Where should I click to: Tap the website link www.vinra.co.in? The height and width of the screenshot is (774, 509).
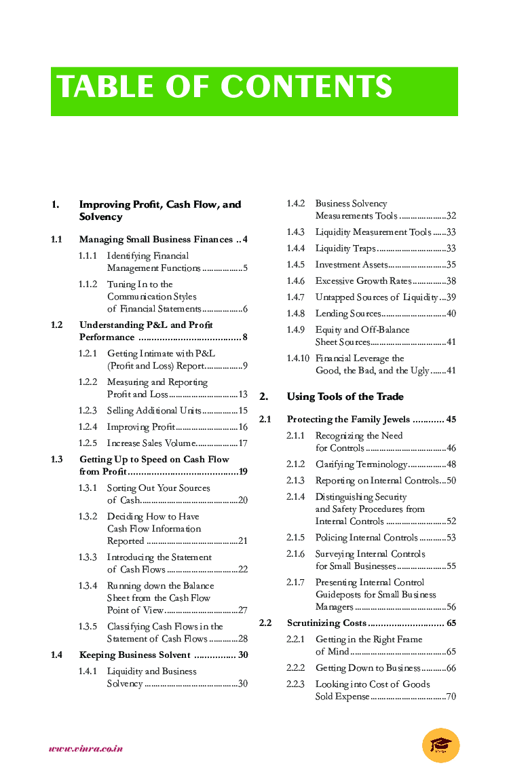point(86,749)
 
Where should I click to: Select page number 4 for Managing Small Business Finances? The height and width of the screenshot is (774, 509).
point(245,240)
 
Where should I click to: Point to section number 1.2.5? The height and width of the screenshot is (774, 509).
point(88,443)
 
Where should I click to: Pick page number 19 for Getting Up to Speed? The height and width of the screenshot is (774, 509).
point(243,472)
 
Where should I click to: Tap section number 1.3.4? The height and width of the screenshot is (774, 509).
point(88,586)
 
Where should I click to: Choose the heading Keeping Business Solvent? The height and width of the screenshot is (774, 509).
point(135,655)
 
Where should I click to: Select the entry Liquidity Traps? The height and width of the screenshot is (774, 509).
point(345,248)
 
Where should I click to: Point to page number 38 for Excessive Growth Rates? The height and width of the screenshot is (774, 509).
point(451,281)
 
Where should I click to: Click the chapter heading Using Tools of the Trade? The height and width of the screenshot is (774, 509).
point(345,397)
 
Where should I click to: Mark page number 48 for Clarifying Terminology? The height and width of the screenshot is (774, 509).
point(451,464)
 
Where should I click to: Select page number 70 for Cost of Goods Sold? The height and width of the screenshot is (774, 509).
point(451,697)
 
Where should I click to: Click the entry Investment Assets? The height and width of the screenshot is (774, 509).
point(352,265)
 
